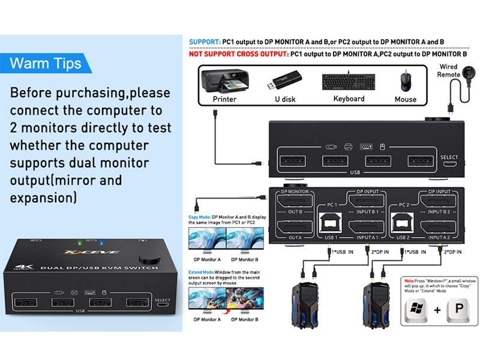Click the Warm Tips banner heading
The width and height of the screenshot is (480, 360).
[46, 63]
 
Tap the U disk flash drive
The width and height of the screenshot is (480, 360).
[286, 80]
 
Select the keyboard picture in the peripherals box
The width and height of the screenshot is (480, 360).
[349, 82]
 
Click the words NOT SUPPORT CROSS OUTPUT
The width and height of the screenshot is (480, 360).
[238, 53]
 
